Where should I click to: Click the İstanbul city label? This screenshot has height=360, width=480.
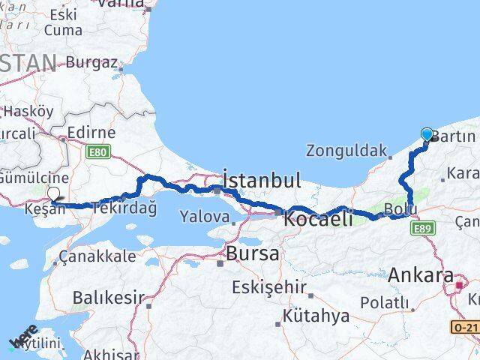pos(262,180)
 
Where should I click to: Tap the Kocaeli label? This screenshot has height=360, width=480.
pos(319,220)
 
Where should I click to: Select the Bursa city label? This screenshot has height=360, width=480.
pos(252,253)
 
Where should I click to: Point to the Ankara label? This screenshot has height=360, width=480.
pos(421,275)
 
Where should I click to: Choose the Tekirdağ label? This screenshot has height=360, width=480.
pos(124,208)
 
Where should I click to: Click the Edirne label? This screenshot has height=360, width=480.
pos(91,132)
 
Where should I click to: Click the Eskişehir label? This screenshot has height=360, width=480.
pos(269,287)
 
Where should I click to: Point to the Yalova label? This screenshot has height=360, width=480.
pos(203,217)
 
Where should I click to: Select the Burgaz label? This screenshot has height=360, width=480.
pos(91,63)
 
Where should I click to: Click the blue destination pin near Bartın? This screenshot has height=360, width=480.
pos(427,134)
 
